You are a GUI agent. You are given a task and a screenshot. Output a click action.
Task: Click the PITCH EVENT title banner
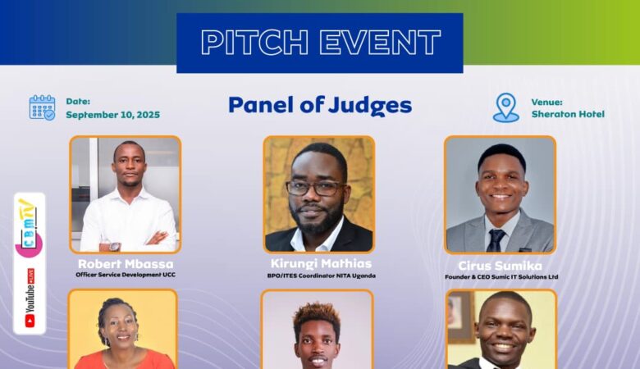[320, 43]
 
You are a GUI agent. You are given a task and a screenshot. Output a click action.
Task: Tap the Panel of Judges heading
[320, 105]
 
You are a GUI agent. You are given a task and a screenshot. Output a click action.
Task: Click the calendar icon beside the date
[42, 107]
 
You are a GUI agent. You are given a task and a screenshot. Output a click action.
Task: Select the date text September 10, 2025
[112, 115]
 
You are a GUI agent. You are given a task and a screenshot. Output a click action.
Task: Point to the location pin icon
[505, 107]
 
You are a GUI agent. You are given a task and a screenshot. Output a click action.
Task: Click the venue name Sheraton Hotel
[567, 114]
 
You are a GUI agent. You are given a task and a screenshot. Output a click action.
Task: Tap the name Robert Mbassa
[126, 264]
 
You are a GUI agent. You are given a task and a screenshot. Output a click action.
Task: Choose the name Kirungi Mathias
[321, 263]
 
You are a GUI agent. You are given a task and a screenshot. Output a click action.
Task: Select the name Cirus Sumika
[500, 266]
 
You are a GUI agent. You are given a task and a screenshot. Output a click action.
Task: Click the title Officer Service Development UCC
[126, 275]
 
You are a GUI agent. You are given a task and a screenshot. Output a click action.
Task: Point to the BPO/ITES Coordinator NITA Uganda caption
[321, 275]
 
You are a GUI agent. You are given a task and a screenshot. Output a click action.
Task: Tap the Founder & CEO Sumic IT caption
[500, 277]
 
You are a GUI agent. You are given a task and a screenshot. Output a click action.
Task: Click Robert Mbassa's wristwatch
[115, 245]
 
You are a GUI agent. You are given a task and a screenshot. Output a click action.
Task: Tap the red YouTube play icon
[30, 320]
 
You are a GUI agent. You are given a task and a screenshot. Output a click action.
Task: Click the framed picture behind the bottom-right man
[461, 317]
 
